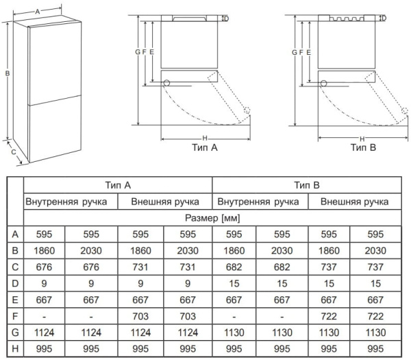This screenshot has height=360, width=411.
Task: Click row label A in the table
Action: coord(15,234)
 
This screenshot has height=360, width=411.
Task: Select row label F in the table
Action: coord(15,316)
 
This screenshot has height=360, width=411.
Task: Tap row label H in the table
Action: coord(15,349)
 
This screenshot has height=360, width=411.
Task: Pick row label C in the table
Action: coord(15,267)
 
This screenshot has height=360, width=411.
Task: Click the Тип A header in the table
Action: coord(118,185)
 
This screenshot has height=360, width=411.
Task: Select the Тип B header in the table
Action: coord(307,185)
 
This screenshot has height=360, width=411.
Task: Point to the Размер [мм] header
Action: coord(212,218)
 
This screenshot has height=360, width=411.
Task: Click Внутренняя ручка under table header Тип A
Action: coord(66,202)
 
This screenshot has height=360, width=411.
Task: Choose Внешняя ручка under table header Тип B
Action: coord(354,202)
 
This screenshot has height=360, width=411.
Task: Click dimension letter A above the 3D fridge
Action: coord(38,12)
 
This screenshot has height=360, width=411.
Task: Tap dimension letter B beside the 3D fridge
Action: coord(8,73)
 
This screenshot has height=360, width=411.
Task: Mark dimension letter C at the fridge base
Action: coord(14,152)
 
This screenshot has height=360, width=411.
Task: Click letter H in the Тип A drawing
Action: coord(205,139)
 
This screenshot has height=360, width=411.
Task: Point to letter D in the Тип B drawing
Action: coord(384,18)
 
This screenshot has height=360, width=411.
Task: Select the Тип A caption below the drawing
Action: coord(205,147)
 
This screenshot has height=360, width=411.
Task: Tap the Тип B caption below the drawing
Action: coord(363,147)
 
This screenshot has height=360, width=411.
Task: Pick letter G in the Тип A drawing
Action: coord(138,52)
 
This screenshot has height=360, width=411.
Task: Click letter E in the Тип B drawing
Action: coord(308,53)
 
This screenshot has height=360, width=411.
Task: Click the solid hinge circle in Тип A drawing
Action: coord(166,83)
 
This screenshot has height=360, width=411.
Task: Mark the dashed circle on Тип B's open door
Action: coord(405,110)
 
